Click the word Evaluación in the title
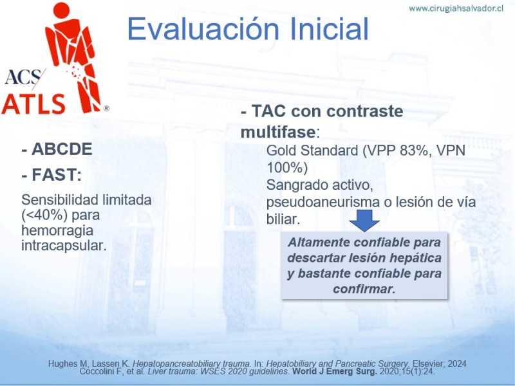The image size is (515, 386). [x=203, y=29]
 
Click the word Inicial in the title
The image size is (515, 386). [x=330, y=28]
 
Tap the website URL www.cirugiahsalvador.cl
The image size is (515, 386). [x=456, y=9]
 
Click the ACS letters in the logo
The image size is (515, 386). [x=23, y=77]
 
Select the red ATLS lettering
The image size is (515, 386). [x=33, y=104]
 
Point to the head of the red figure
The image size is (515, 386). [x=61, y=10]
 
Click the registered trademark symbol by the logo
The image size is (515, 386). [x=106, y=108]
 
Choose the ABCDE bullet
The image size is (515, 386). [x=57, y=149]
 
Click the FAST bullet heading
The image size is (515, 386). [x=51, y=174]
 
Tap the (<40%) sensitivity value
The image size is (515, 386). [x=44, y=216]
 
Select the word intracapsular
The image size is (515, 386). [x=64, y=246]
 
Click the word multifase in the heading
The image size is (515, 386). [x=278, y=132]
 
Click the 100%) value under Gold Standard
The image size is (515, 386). [x=286, y=168]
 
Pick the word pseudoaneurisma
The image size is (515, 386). [x=323, y=202]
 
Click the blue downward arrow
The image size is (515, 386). [x=364, y=221]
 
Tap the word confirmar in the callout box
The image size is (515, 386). [x=364, y=289]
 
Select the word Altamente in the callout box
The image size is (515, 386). [x=319, y=243]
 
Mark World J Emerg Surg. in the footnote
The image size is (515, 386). [x=335, y=372]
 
